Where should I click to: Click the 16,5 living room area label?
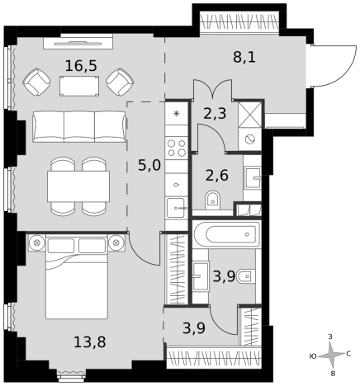click(x=81, y=66)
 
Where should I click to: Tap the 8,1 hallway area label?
click(x=244, y=58)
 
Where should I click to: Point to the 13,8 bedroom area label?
click(x=90, y=342)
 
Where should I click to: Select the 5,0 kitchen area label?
click(x=149, y=166)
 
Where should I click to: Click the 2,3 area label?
click(x=215, y=114)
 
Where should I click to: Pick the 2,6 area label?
click(x=217, y=176)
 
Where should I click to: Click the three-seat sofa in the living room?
click(x=79, y=127)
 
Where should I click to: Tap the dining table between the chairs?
click(x=78, y=186)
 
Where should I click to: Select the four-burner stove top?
click(x=177, y=148)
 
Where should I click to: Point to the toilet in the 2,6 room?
click(x=212, y=200)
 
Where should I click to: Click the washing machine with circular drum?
click(x=249, y=139)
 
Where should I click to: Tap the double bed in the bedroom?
click(x=77, y=277)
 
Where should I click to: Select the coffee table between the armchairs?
click(x=79, y=86)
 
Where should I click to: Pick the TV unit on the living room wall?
click(x=78, y=43)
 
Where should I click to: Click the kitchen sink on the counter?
click(x=176, y=208)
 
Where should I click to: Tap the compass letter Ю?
click(x=313, y=356)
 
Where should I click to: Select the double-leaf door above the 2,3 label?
click(x=212, y=89)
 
